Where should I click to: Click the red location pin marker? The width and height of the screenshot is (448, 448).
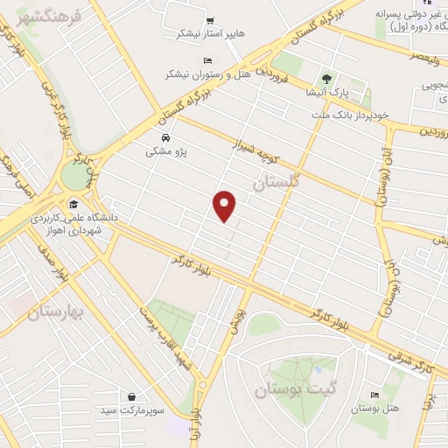pyautogui.click(x=226, y=205)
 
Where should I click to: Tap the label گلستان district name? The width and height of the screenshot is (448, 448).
pyautogui.click(x=276, y=184)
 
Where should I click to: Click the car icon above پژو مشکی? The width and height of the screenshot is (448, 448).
pyautogui.click(x=165, y=137)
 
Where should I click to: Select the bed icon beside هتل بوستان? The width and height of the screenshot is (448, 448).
pyautogui.click(x=375, y=395)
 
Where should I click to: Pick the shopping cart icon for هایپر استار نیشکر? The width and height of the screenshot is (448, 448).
pyautogui.click(x=210, y=20)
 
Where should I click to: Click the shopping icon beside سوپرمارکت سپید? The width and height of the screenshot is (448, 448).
pyautogui.click(x=131, y=395)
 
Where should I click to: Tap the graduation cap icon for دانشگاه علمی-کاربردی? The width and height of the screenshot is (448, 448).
pyautogui.click(x=71, y=204)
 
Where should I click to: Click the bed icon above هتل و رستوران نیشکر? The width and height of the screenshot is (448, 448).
pyautogui.click(x=206, y=59)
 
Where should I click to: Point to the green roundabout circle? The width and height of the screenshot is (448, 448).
pyautogui.click(x=76, y=175)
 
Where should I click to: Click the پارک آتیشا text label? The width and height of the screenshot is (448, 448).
pyautogui.click(x=331, y=91)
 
